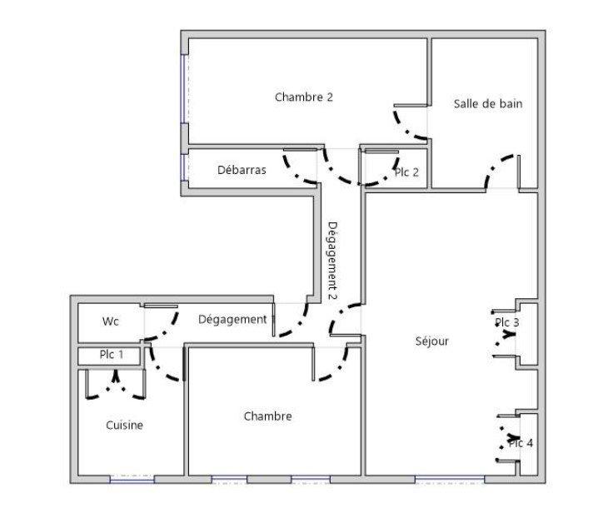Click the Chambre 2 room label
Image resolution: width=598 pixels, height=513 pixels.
304,97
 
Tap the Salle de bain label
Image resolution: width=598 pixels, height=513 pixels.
488,104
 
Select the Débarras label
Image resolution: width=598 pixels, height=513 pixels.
242,170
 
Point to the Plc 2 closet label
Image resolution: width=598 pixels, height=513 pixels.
406,172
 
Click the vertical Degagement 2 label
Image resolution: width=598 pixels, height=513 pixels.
331,260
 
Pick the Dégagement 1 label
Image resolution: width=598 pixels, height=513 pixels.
236,319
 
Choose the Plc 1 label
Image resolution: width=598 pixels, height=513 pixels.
112,355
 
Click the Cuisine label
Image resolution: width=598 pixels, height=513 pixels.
124,425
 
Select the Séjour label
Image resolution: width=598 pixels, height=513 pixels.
432,341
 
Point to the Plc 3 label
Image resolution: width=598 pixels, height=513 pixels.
507,323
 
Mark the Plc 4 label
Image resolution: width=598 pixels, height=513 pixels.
521,443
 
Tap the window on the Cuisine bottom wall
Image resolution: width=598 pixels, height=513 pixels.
132,479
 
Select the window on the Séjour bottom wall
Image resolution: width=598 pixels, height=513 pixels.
450,479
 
